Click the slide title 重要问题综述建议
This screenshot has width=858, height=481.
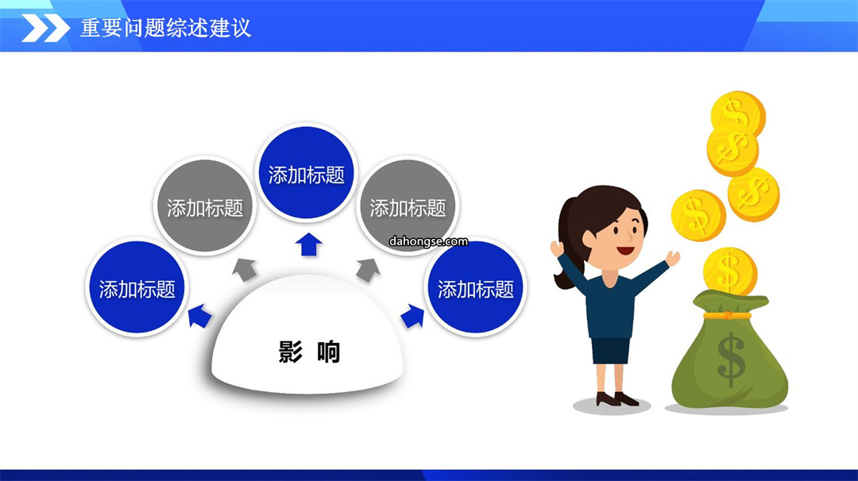(165, 28)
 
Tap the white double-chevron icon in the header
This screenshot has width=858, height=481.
(45, 28)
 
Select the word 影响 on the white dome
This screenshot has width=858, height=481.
(309, 352)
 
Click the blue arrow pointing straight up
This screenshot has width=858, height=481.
(308, 244)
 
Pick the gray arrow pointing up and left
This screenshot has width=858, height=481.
(244, 269)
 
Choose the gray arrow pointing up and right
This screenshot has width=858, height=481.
(369, 269)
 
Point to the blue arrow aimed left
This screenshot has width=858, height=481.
(199, 316)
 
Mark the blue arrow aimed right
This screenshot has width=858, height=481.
(412, 316)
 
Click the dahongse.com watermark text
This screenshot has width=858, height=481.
(428, 241)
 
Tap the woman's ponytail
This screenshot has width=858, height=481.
(567, 240)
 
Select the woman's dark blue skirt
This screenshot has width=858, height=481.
(611, 350)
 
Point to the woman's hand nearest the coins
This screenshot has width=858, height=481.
(673, 257)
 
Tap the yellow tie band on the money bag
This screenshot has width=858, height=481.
(727, 315)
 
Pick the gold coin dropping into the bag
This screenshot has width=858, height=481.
(730, 271)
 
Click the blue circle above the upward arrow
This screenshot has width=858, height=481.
(307, 173)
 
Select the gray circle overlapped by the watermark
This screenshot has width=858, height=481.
(408, 206)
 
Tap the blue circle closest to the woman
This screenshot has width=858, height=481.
(476, 287)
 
